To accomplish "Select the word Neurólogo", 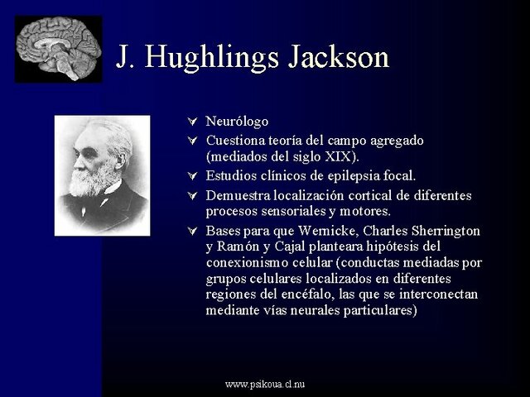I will (x=237, y=122).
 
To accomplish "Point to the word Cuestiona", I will (x=234, y=141).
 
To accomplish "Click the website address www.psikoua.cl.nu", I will (x=265, y=385).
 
